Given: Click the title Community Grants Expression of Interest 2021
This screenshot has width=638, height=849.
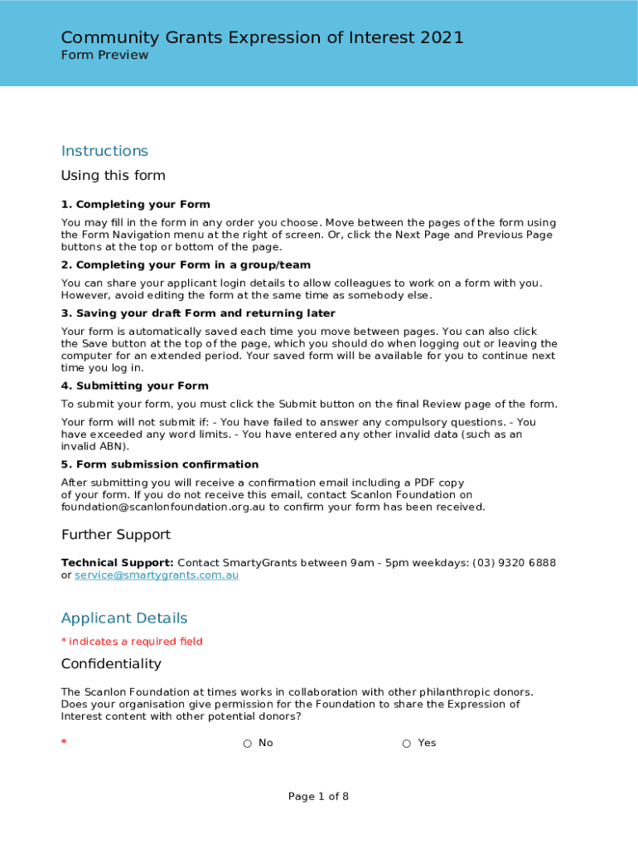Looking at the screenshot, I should click(262, 37).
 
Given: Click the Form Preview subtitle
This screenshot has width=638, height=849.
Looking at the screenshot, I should click(104, 56).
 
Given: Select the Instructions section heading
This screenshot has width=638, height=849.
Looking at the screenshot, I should click(104, 151).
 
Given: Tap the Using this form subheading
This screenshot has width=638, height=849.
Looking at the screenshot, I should click(114, 176).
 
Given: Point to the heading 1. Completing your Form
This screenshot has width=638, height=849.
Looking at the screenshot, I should click(136, 205).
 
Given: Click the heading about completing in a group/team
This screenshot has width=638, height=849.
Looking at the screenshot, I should click(186, 265).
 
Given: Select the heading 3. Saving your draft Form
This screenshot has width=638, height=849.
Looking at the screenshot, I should click(198, 313).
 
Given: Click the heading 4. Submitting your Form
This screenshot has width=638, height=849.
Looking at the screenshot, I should click(135, 386).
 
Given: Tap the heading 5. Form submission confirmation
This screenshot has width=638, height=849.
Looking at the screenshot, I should click(160, 465).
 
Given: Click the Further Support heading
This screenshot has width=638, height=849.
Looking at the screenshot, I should click(116, 535).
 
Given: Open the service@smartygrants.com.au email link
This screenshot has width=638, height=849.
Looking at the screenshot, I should click(157, 575).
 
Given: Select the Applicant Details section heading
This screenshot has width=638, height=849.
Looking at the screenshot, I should click(124, 619).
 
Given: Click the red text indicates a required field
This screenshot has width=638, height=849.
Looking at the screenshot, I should click(135, 642).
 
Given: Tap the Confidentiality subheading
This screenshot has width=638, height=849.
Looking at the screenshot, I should click(111, 664).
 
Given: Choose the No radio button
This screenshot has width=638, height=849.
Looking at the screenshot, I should click(247, 744).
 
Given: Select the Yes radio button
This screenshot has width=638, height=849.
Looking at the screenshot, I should click(406, 744).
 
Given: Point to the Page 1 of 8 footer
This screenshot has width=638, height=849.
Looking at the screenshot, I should click(318, 797).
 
